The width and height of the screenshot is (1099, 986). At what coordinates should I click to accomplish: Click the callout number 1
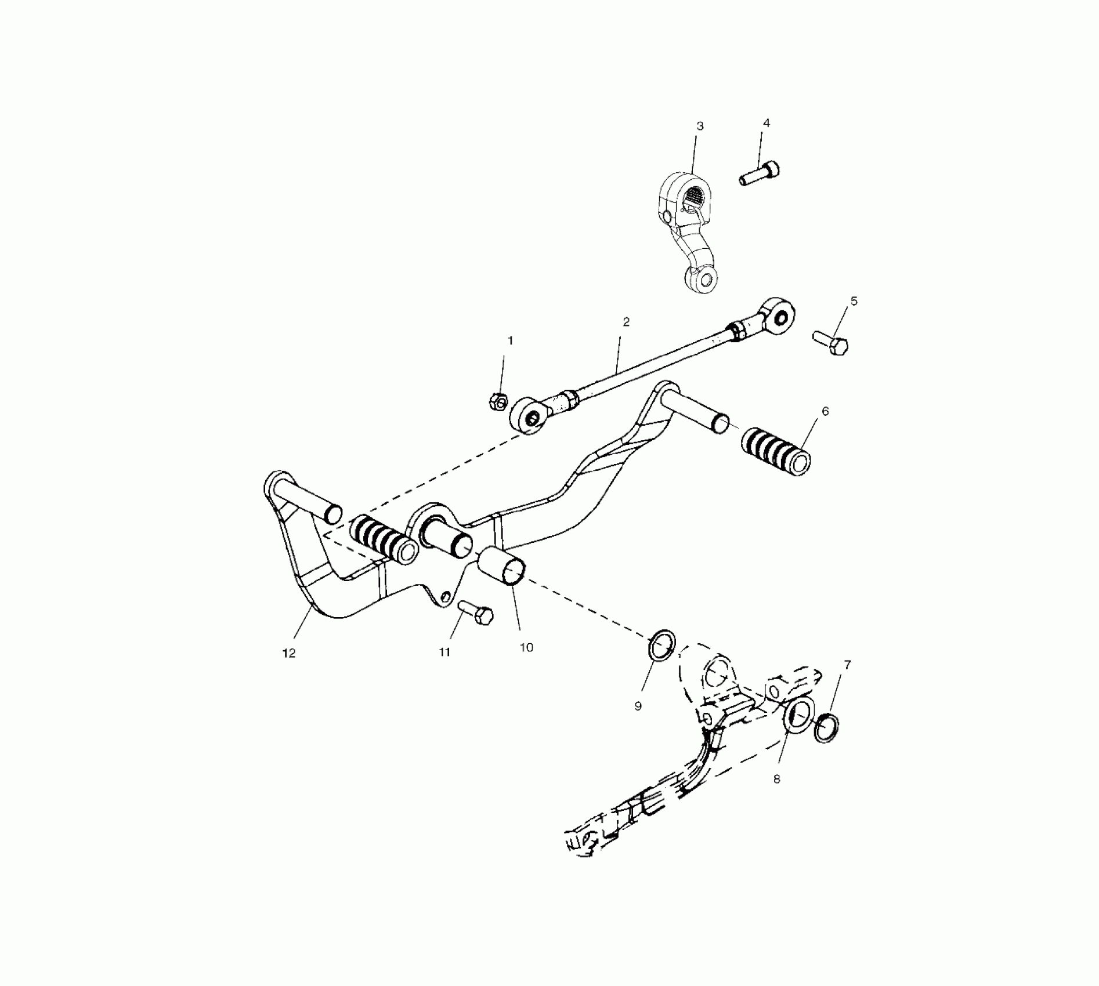coord(510,340)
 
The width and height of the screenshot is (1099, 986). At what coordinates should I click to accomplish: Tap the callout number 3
coord(700,126)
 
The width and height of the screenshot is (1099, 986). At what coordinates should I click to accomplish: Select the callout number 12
coord(289,653)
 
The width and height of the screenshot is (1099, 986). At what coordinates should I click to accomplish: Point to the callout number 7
coord(847,665)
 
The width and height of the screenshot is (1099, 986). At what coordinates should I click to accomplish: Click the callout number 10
coord(526,647)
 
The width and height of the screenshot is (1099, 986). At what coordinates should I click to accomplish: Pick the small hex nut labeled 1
coord(499,401)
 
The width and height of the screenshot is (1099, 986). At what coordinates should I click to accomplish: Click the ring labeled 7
coord(826,729)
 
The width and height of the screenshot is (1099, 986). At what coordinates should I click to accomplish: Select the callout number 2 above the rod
coord(626,322)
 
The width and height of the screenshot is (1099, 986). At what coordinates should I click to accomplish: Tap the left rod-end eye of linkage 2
coord(529,415)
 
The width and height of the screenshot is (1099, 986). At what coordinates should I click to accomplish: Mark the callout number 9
coord(638,706)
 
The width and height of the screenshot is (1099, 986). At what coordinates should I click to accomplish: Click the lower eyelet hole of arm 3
coord(704,280)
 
